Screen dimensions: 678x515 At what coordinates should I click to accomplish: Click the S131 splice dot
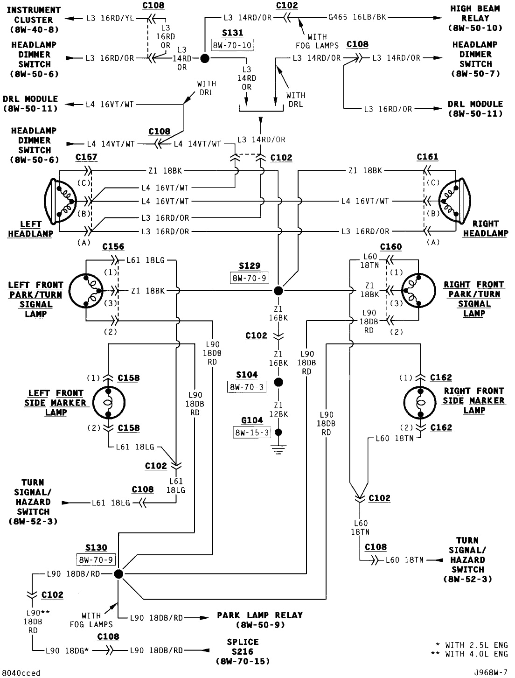tap(204, 58)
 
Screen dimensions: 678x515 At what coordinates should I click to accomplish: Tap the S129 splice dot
tap(278, 291)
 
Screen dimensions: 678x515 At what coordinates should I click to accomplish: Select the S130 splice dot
tap(118, 573)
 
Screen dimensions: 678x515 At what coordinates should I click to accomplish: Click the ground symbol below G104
tap(278, 450)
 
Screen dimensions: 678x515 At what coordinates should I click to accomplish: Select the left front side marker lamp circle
tap(108, 403)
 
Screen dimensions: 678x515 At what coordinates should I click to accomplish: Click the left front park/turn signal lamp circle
tap(86, 291)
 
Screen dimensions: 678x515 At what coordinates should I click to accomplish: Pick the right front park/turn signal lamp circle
tap(418, 291)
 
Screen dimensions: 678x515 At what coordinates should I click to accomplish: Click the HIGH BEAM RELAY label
tap(475, 18)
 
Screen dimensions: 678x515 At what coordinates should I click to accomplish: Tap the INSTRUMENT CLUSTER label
tap(34, 20)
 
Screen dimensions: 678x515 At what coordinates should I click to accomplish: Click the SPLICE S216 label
tap(243, 651)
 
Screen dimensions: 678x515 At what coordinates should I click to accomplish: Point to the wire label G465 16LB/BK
tap(357, 18)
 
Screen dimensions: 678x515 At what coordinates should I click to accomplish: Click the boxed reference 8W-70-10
tap(232, 45)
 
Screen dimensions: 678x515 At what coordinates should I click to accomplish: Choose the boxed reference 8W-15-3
tap(251, 433)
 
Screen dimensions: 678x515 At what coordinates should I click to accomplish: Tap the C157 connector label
tap(86, 157)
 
